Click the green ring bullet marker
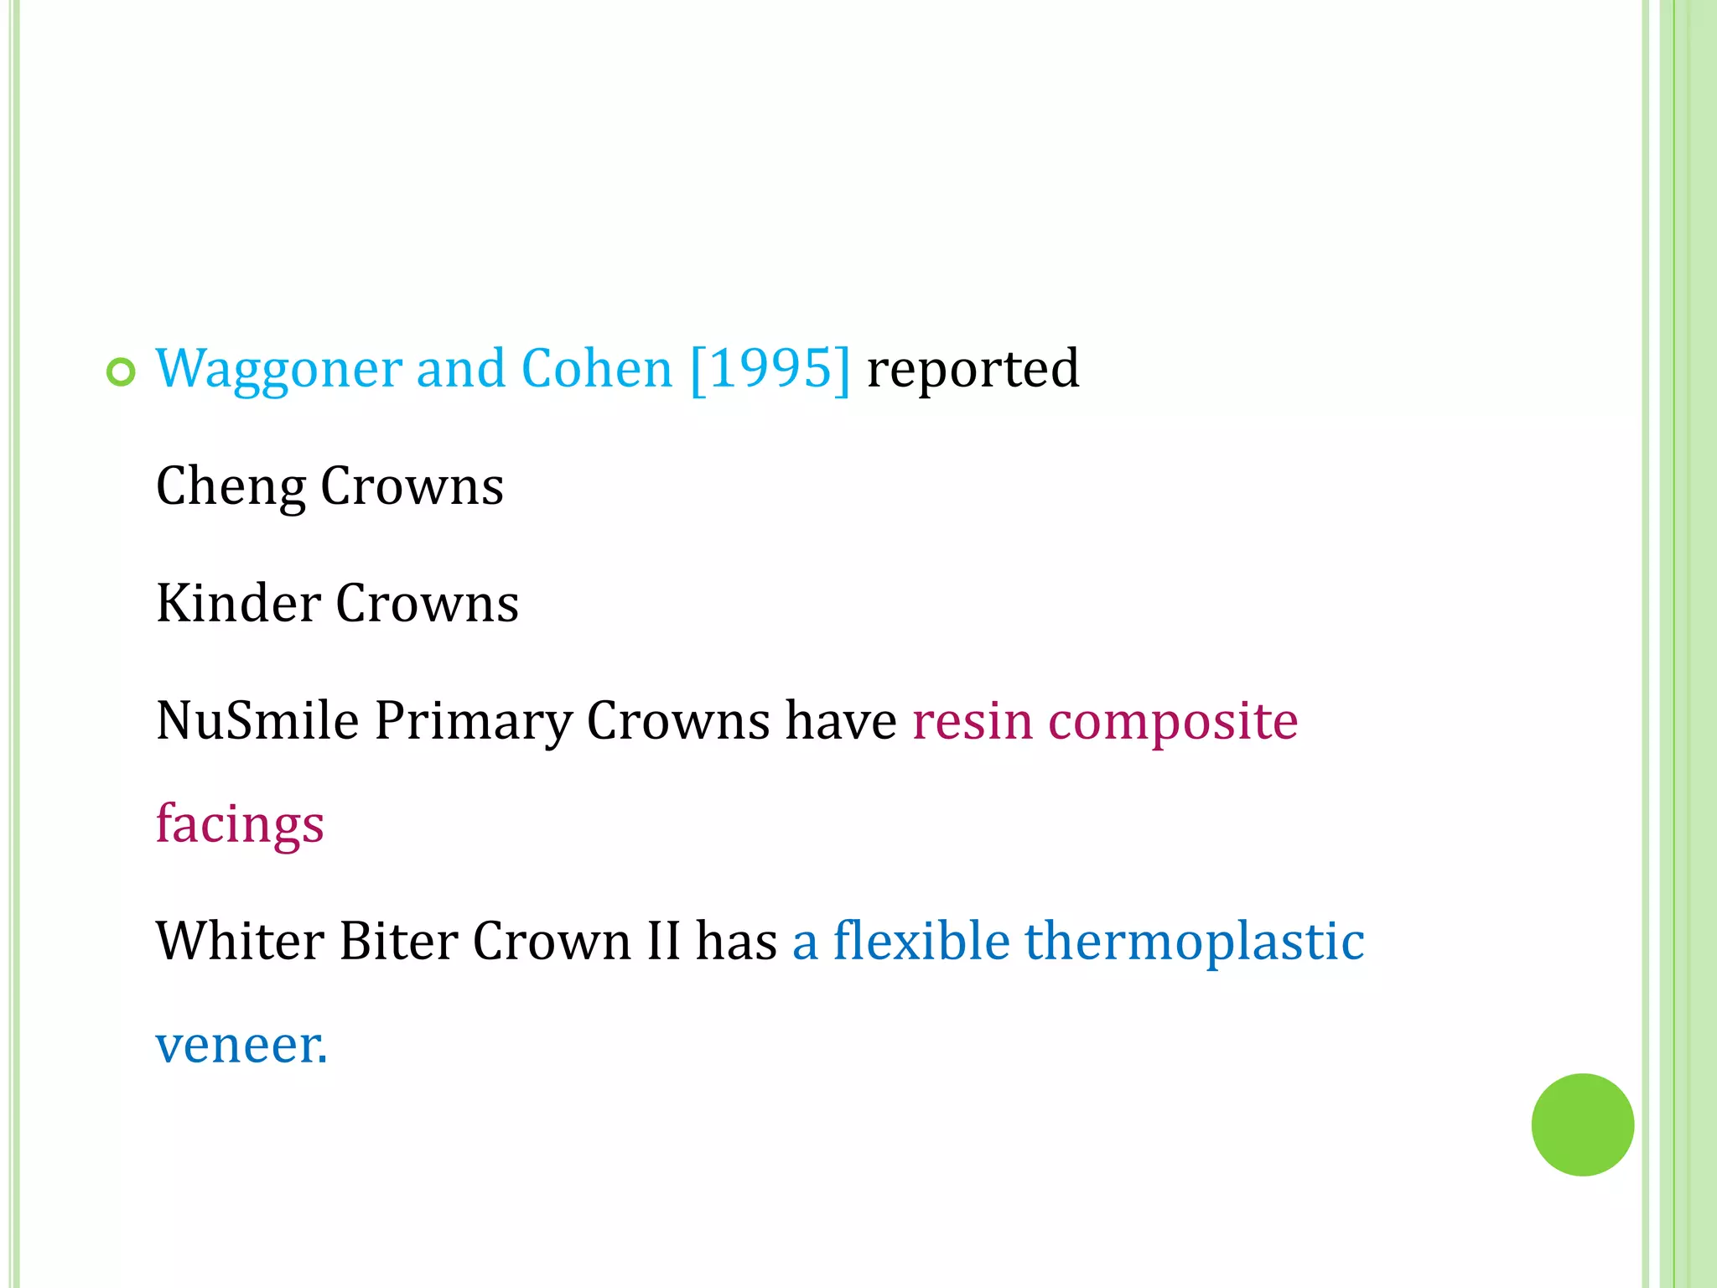pyautogui.click(x=121, y=371)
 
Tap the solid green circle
pyautogui.click(x=1582, y=1124)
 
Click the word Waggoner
pyautogui.click(x=278, y=369)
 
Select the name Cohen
pyautogui.click(x=596, y=369)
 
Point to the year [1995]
pyautogui.click(x=770, y=369)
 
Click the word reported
pyautogui.click(x=973, y=369)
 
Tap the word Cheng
pyautogui.click(x=231, y=486)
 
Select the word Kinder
pyautogui.click(x=238, y=604)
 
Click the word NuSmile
pyautogui.click(x=257, y=721)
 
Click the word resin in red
pyautogui.click(x=972, y=721)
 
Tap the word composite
pyautogui.click(x=1173, y=721)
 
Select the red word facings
pyautogui.click(x=240, y=824)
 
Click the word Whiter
pyautogui.click(x=240, y=941)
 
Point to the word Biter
pyautogui.click(x=398, y=941)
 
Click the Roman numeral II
pyautogui.click(x=663, y=941)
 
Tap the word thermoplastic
pyautogui.click(x=1195, y=941)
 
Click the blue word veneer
pyautogui.click(x=241, y=1046)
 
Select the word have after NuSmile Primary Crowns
pyautogui.click(x=840, y=721)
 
